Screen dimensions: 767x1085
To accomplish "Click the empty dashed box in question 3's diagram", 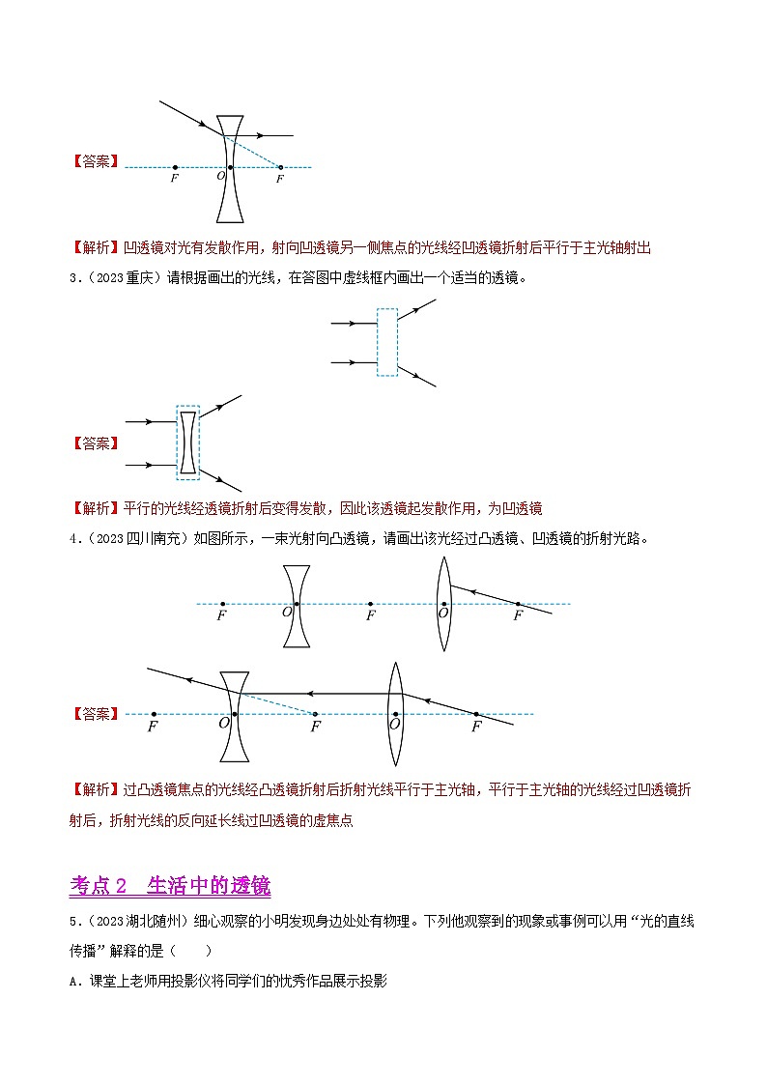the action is point(387,341).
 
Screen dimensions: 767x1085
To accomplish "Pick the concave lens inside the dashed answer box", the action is point(188,443).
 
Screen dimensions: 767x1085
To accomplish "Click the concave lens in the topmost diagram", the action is point(229,169).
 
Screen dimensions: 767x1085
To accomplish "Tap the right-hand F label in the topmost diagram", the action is point(280,179).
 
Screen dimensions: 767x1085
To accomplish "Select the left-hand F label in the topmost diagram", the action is point(174,179).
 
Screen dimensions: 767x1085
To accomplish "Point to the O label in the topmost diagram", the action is point(219,178).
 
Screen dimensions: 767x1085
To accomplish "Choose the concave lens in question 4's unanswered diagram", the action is point(298,605).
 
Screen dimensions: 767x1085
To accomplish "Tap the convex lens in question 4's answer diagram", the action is point(395,714).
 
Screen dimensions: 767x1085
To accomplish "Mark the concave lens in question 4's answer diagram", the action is point(234,715).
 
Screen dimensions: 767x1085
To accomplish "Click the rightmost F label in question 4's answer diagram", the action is point(475,727).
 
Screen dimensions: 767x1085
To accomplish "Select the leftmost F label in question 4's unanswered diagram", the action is point(222,614).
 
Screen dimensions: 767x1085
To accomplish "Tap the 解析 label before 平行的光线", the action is point(96,507).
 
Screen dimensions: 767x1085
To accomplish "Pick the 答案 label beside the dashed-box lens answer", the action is point(96,443).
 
